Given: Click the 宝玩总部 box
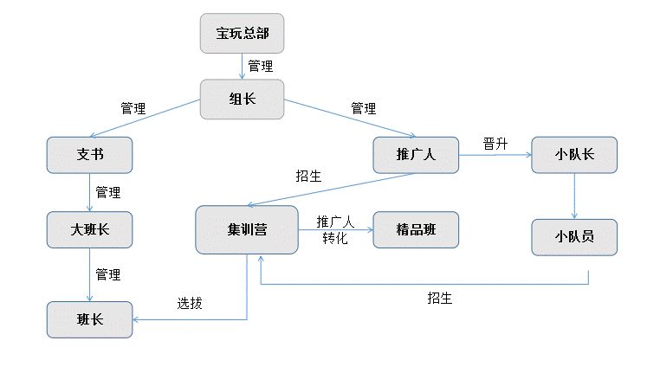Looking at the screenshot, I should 242,35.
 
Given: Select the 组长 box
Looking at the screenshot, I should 242,99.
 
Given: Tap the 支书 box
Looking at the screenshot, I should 89,156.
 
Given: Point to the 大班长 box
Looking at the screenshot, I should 89,230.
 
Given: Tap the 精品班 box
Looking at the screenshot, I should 416,230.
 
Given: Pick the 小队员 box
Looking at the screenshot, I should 573,236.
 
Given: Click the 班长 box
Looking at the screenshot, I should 89,319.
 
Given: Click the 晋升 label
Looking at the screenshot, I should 495,144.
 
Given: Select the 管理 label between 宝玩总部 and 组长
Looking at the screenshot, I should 260,66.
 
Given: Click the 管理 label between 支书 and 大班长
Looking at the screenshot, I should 108,192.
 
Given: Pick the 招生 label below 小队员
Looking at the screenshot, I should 439,299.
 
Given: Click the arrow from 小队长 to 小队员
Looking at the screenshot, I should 573,196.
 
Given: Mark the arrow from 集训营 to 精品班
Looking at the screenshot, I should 338,230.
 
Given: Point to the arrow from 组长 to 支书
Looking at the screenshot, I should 147,119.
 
